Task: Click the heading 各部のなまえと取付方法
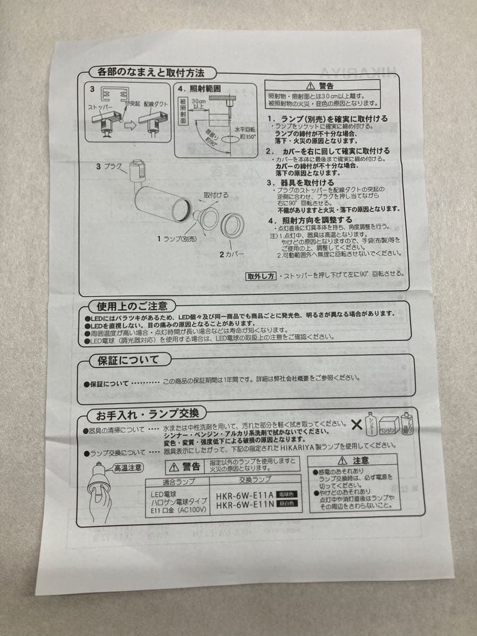pos(146,74)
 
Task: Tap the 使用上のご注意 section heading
pos(132,306)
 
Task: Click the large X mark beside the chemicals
pos(357,424)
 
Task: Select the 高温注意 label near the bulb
pos(128,468)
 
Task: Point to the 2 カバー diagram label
pos(231,254)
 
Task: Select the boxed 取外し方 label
pos(261,274)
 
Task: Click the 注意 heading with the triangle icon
pos(355,460)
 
